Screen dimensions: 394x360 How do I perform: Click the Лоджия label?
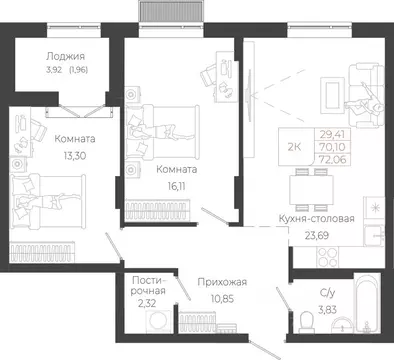coord(65,56)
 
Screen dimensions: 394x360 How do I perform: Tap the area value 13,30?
coord(75,155)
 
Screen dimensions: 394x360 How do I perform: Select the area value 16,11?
coord(177,186)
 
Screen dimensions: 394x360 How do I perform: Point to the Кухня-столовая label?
coord(316,219)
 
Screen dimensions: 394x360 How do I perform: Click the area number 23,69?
coord(317,236)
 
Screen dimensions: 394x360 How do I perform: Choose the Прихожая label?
coord(222,282)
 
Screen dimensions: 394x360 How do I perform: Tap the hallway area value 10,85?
coord(222,298)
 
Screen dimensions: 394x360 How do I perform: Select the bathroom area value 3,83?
coord(327,310)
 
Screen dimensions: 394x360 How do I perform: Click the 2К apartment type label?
coord(294,147)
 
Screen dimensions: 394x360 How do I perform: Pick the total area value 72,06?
coord(333,160)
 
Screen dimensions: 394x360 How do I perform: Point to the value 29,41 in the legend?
coord(332,134)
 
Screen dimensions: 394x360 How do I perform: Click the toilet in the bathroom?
coord(306,322)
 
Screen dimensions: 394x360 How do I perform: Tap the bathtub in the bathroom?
coord(367,302)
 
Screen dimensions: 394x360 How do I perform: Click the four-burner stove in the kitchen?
coord(327,257)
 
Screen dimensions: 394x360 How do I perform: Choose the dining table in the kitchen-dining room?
coord(311,190)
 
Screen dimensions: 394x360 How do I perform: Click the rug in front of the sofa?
coord(332,94)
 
